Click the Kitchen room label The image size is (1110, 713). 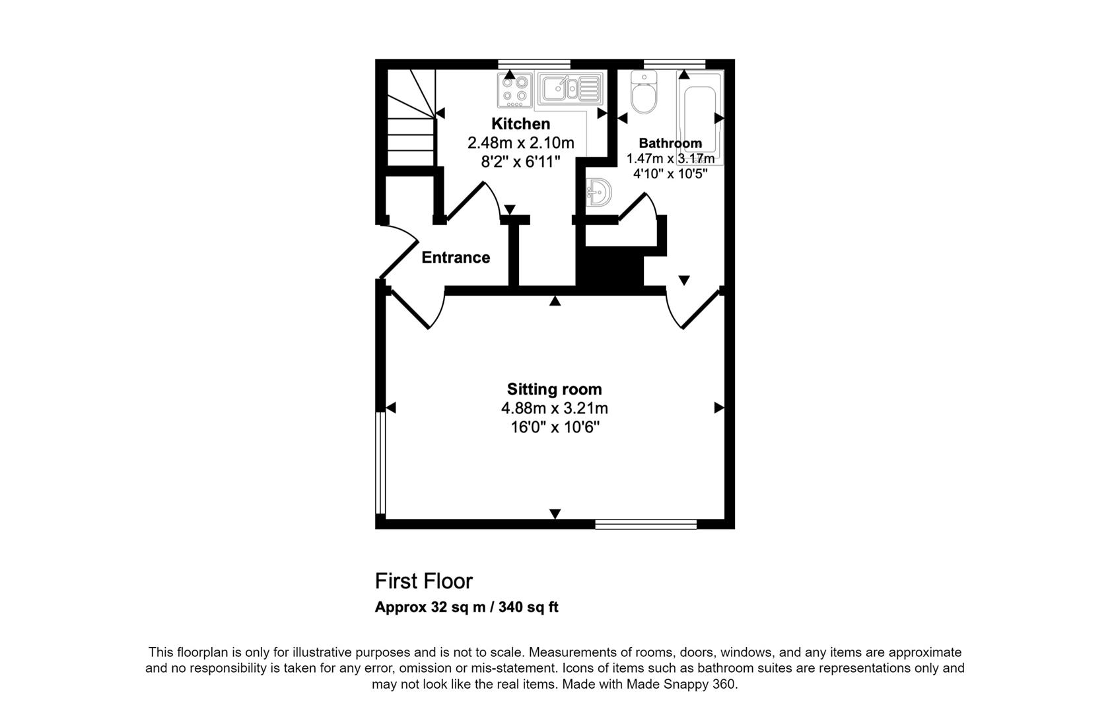(x=520, y=123)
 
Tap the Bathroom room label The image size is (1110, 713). (x=670, y=143)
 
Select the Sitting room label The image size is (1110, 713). (x=554, y=389)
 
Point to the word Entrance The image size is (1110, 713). (x=456, y=257)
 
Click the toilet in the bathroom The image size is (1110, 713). (x=644, y=92)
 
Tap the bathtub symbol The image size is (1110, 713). (x=700, y=118)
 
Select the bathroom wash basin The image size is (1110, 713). (x=598, y=192)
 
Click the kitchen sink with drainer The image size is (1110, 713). (x=571, y=90)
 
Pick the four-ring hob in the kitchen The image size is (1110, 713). (x=515, y=90)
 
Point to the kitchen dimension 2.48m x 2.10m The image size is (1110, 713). (x=520, y=143)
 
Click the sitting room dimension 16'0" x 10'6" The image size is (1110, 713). (x=555, y=426)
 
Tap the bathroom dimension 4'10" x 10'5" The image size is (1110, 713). (x=670, y=174)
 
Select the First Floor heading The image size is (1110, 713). (x=424, y=581)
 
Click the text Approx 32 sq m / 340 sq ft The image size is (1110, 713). (x=466, y=607)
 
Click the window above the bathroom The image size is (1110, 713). (x=674, y=64)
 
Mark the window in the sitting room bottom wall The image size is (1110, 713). (x=646, y=524)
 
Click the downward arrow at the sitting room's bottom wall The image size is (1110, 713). (x=555, y=514)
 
